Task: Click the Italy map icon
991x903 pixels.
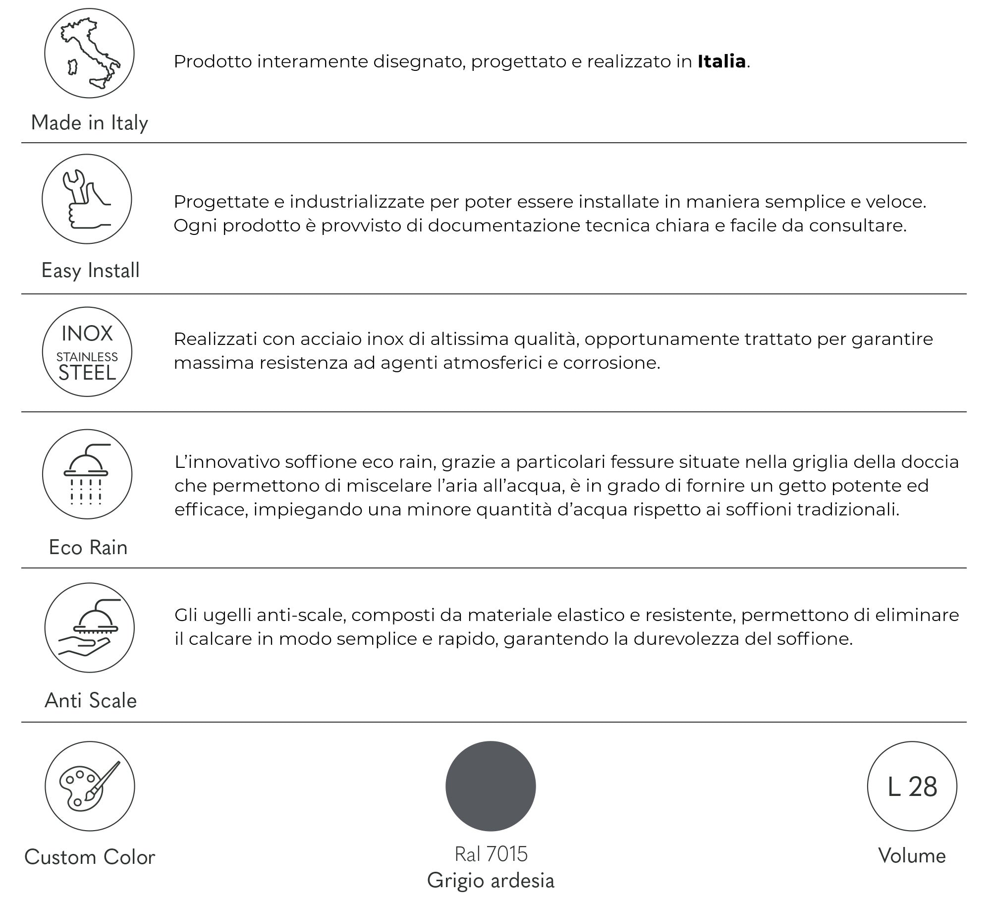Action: [89, 53]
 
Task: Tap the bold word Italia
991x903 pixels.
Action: [721, 61]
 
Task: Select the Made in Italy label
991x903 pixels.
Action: [89, 122]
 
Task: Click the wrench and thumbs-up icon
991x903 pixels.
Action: [87, 199]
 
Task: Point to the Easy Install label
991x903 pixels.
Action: [90, 270]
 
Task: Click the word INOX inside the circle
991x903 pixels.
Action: [87, 334]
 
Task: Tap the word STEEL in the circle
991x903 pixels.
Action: [87, 373]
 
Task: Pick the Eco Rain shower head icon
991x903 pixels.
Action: [87, 474]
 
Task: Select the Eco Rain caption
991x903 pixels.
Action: [88, 547]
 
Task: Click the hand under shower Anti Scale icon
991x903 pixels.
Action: [89, 627]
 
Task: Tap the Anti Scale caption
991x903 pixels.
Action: [90, 700]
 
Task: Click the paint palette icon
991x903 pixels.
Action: [90, 787]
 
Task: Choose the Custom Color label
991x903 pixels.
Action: [90, 857]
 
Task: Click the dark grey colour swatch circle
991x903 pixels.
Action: [491, 786]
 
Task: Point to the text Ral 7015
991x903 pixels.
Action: [491, 854]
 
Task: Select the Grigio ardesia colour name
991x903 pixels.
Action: [491, 880]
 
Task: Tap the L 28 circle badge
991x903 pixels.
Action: [912, 787]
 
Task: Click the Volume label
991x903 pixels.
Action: [912, 856]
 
